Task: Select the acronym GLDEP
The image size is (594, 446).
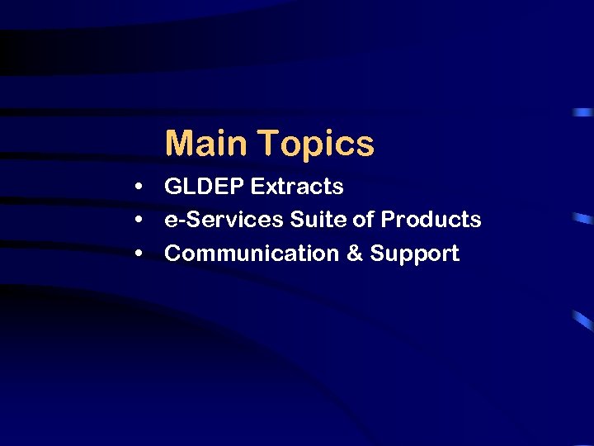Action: pyautogui.click(x=205, y=187)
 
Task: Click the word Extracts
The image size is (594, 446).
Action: pyautogui.click(x=297, y=187)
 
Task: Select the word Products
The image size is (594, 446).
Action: pyautogui.click(x=431, y=220)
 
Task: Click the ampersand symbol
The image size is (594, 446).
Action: pyautogui.click(x=355, y=254)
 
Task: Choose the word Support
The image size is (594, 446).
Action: pyautogui.click(x=414, y=254)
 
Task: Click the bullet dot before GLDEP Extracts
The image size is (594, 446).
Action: pyautogui.click(x=142, y=187)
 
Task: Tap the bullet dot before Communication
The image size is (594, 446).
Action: pyautogui.click(x=142, y=254)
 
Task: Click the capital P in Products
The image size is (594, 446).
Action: pyautogui.click(x=388, y=220)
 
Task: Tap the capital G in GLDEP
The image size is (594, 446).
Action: pyautogui.click(x=173, y=187)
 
